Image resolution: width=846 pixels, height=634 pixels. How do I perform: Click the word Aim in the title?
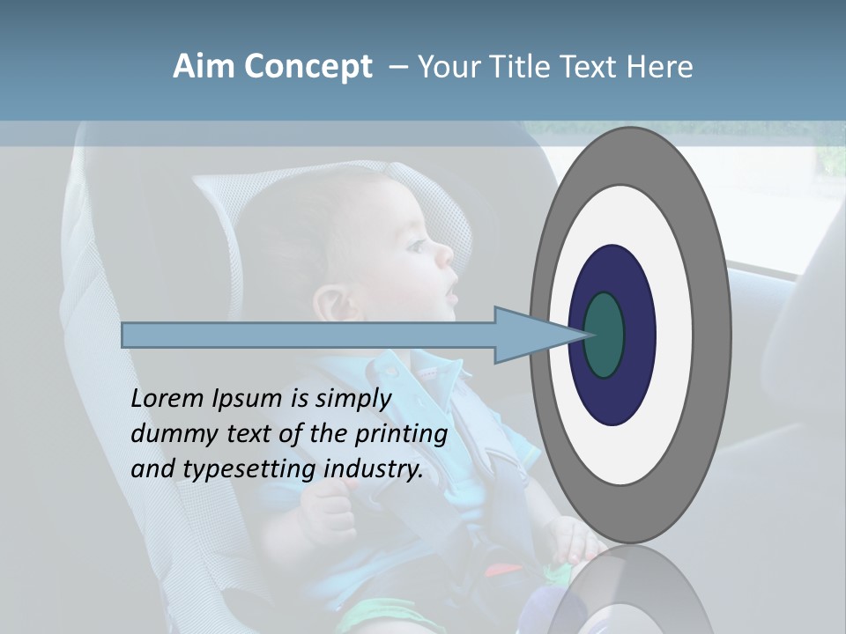point(204,67)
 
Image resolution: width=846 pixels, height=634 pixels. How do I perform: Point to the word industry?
point(374,469)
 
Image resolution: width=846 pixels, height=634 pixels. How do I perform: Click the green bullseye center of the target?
point(605,335)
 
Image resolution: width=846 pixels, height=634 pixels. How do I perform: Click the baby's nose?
point(445,255)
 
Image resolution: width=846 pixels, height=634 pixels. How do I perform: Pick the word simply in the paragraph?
point(352,399)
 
